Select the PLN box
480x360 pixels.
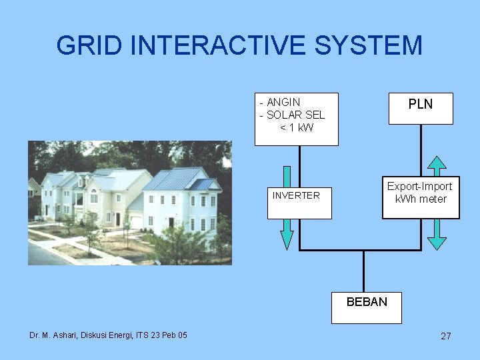[x=421, y=108]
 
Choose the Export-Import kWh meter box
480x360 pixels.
[x=421, y=193]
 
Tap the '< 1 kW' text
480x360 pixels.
[x=297, y=127]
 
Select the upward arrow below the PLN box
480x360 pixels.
[x=437, y=167]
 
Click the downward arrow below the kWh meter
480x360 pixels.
[x=437, y=233]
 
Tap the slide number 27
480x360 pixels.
[x=446, y=336]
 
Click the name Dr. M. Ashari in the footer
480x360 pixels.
[x=53, y=335]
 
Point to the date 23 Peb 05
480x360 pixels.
[x=165, y=335]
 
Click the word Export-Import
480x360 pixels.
[x=420, y=187]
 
